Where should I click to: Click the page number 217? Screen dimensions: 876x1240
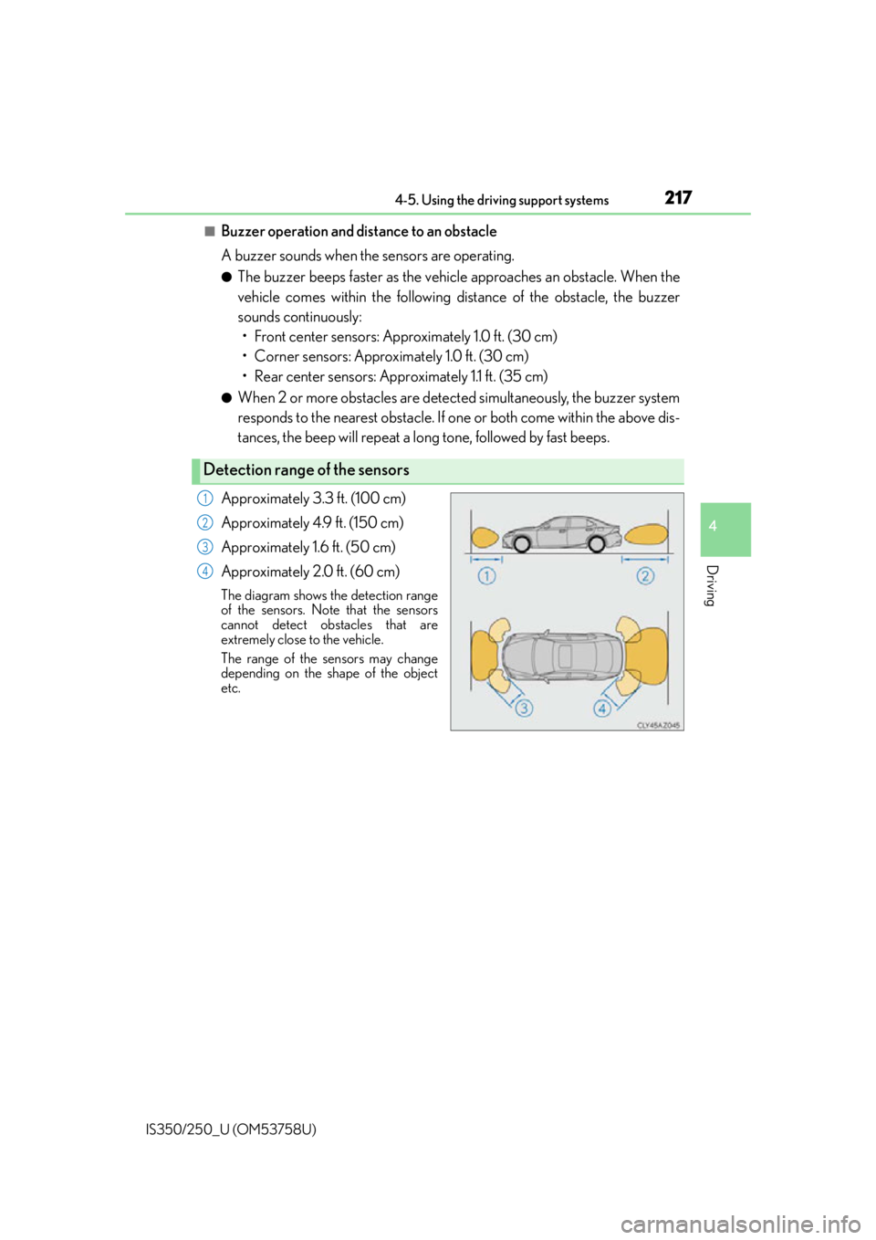(x=678, y=197)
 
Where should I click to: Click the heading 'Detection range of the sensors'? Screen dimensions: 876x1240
(x=307, y=470)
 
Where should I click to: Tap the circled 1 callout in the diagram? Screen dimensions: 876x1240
(x=486, y=576)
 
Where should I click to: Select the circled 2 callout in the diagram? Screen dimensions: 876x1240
(x=645, y=576)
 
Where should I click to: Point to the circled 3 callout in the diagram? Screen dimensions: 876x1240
(x=524, y=708)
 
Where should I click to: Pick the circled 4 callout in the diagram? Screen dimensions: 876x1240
(x=602, y=708)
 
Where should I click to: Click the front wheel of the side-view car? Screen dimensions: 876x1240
(x=521, y=544)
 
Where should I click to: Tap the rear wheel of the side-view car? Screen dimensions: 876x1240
(x=597, y=544)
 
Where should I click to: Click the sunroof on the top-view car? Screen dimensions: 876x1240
(x=565, y=657)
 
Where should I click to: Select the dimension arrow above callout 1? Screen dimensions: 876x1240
(x=486, y=560)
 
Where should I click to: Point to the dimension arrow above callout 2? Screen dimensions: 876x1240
(x=645, y=560)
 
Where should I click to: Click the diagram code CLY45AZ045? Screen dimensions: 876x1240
(x=658, y=725)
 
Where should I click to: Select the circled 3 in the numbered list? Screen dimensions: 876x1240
(x=204, y=547)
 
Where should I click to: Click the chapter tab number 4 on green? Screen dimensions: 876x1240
(x=713, y=526)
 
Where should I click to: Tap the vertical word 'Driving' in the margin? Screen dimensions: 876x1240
(x=713, y=585)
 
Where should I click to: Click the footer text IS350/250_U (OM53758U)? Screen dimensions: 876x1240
(x=232, y=1130)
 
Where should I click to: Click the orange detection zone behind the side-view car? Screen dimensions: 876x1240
(x=646, y=535)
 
